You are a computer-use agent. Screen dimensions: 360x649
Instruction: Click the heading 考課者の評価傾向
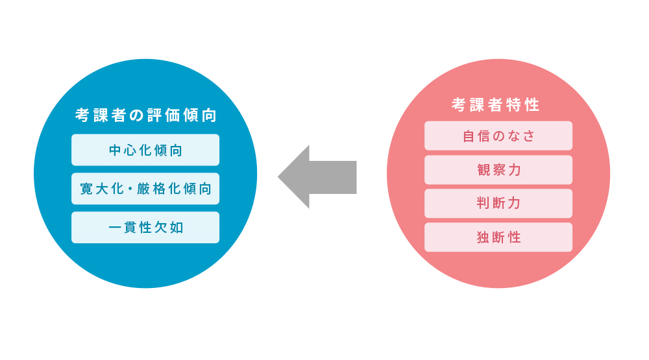tap(145, 115)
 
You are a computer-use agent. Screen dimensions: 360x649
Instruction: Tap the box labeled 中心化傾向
tap(145, 150)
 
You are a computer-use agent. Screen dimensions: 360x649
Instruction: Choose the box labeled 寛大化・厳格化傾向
tap(145, 189)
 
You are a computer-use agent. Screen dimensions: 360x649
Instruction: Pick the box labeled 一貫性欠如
tap(145, 228)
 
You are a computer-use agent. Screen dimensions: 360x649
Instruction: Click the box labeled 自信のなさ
tap(498, 136)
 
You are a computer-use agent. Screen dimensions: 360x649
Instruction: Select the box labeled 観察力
tap(498, 169)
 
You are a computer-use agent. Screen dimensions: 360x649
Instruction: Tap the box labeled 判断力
tap(498, 203)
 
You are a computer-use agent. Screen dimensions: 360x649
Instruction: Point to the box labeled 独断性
tap(498, 237)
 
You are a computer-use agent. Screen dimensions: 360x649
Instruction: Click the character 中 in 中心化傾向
tap(116, 150)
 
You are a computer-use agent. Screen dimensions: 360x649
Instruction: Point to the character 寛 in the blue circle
tap(86, 189)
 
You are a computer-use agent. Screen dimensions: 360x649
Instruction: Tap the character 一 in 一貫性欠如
tap(116, 228)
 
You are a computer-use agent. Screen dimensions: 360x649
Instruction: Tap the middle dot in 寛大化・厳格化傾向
tap(130, 189)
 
